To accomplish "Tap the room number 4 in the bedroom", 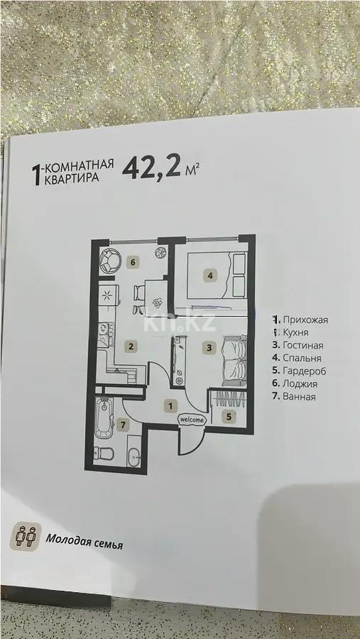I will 210,275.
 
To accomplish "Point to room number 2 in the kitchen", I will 131,346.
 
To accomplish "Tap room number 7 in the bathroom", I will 124,426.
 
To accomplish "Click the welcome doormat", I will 192,420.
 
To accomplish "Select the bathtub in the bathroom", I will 105,419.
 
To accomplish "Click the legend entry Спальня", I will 300,359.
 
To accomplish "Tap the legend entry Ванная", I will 298,397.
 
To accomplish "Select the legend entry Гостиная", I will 302,346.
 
